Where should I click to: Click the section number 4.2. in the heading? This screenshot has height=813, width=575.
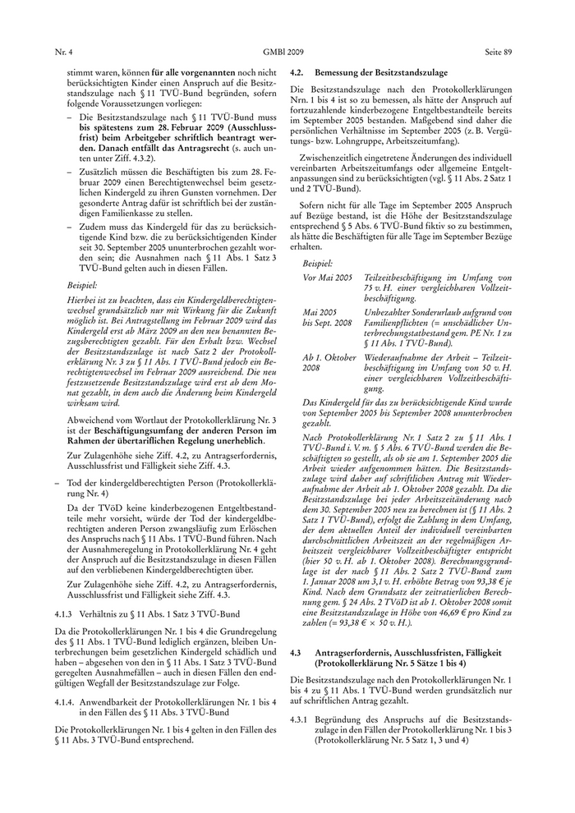pyautogui.click(x=299, y=73)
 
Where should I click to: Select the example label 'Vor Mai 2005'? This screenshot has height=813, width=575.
pyautogui.click(x=328, y=279)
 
